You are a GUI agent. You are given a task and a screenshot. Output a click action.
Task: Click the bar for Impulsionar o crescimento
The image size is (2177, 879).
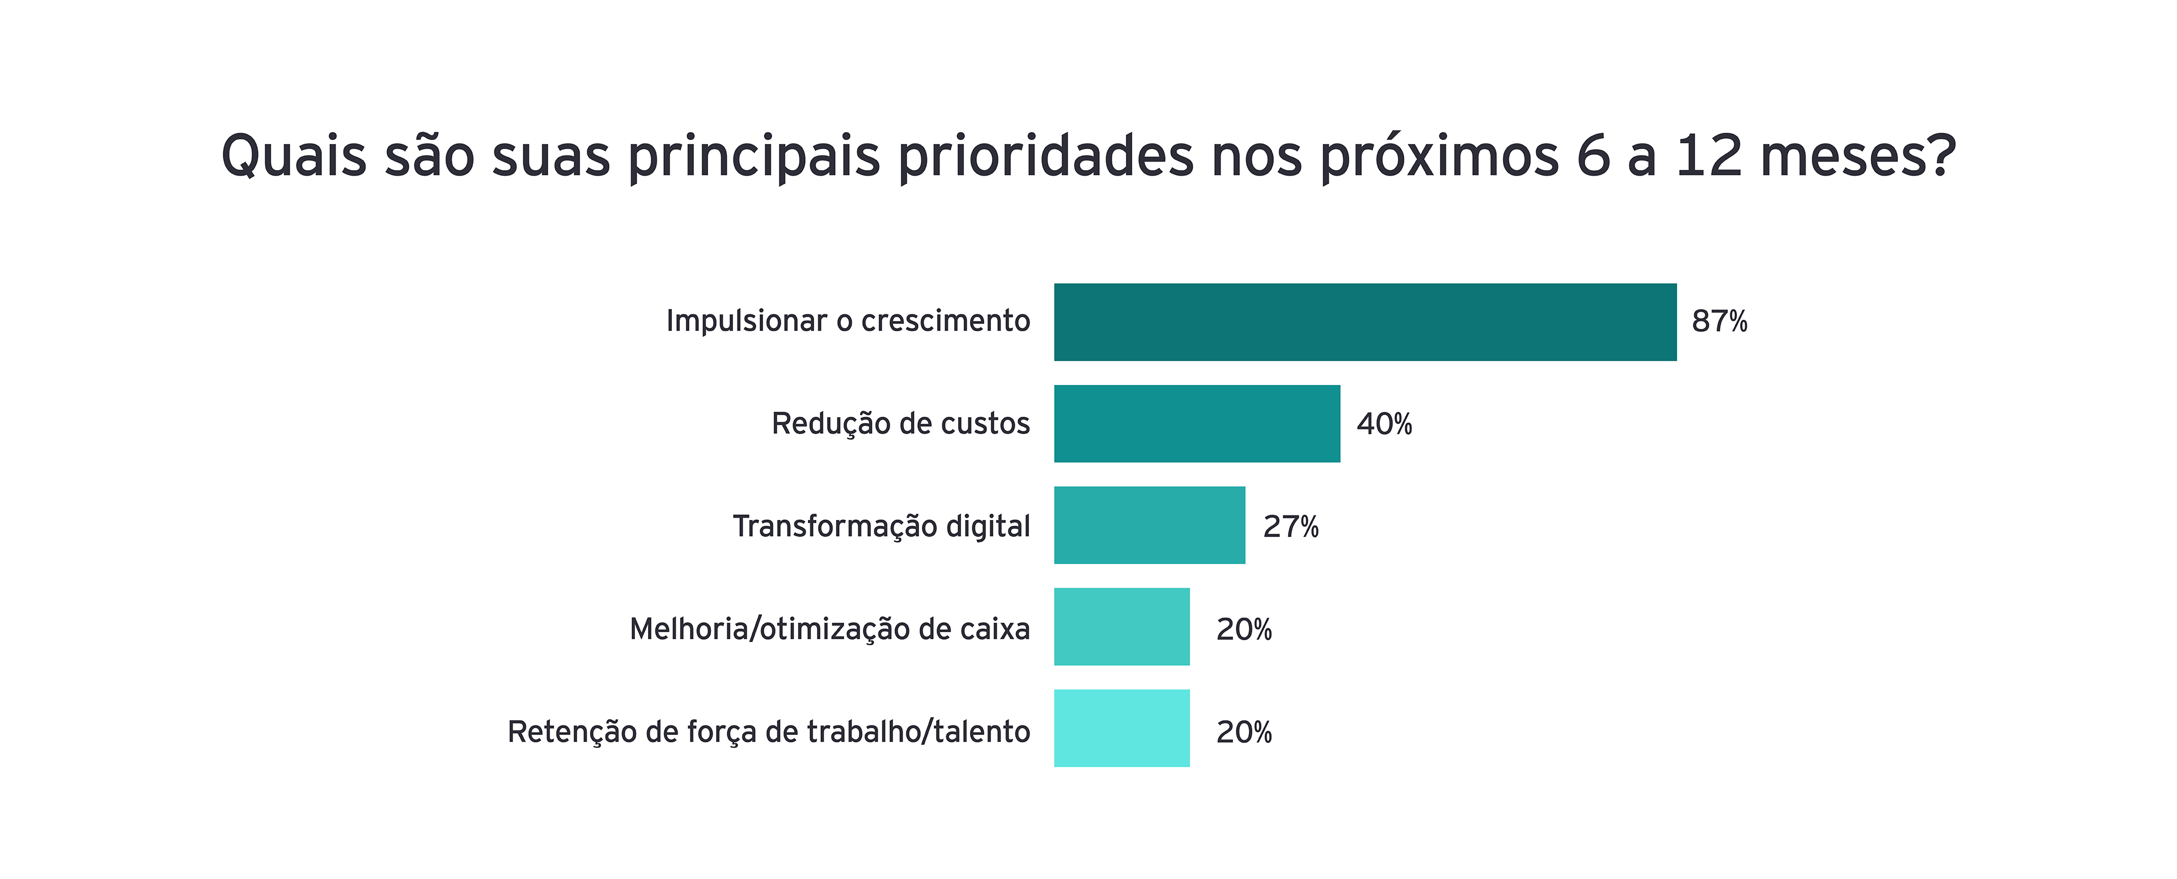(x=1365, y=322)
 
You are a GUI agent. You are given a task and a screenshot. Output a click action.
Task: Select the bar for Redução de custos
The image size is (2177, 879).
(x=1197, y=424)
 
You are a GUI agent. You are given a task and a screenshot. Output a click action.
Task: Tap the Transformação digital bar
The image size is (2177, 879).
(x=1149, y=525)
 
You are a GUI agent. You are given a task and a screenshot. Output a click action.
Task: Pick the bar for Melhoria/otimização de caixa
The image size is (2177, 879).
(x=1121, y=626)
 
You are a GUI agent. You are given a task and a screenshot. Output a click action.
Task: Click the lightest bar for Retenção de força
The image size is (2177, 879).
(x=1121, y=728)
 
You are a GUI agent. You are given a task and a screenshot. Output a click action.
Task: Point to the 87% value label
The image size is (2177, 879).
(x=1719, y=322)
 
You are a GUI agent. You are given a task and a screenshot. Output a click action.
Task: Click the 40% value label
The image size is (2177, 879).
(x=1384, y=424)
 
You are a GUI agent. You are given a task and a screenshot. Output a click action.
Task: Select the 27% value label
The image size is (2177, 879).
(x=1290, y=527)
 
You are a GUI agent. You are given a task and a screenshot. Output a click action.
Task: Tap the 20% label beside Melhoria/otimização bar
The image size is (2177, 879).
(x=1244, y=629)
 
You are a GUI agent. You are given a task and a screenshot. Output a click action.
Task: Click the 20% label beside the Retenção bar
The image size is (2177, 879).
(x=1244, y=732)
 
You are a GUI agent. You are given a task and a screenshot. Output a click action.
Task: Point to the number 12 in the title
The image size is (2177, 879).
(x=1708, y=157)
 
